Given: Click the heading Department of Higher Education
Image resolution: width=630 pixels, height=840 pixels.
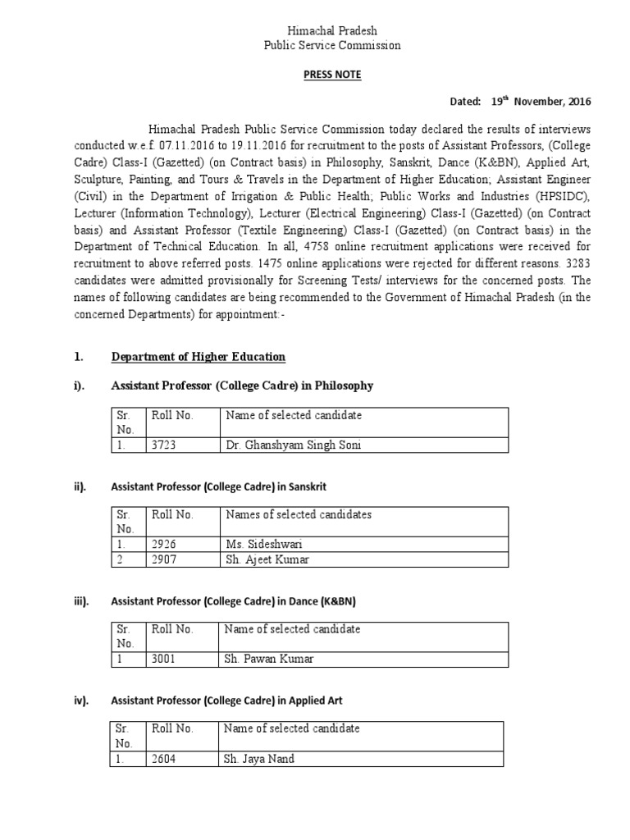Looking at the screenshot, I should [x=198, y=357].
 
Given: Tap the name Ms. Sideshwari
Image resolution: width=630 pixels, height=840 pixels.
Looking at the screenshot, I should [x=258, y=544].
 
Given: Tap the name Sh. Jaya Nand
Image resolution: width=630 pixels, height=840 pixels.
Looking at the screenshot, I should [x=258, y=759].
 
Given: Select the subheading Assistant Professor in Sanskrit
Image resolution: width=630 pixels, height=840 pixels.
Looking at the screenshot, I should [x=218, y=486].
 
